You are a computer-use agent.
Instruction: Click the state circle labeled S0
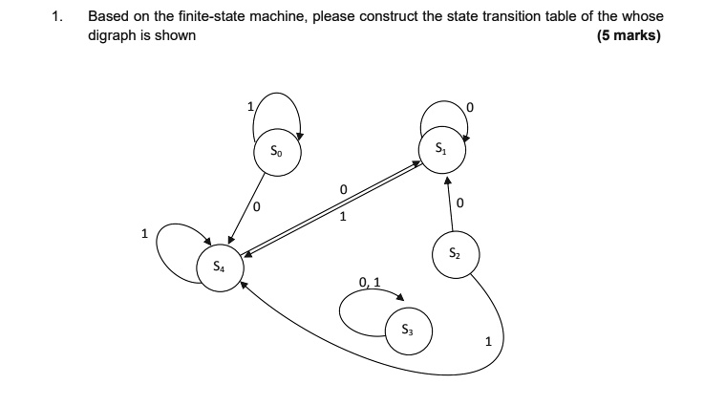click(277, 151)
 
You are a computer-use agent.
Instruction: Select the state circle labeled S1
click(440, 149)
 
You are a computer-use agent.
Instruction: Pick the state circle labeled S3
click(408, 331)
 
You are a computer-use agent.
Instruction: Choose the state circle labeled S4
click(220, 267)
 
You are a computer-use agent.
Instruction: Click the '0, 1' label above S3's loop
click(371, 282)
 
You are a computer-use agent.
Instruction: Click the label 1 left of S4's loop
click(143, 232)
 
